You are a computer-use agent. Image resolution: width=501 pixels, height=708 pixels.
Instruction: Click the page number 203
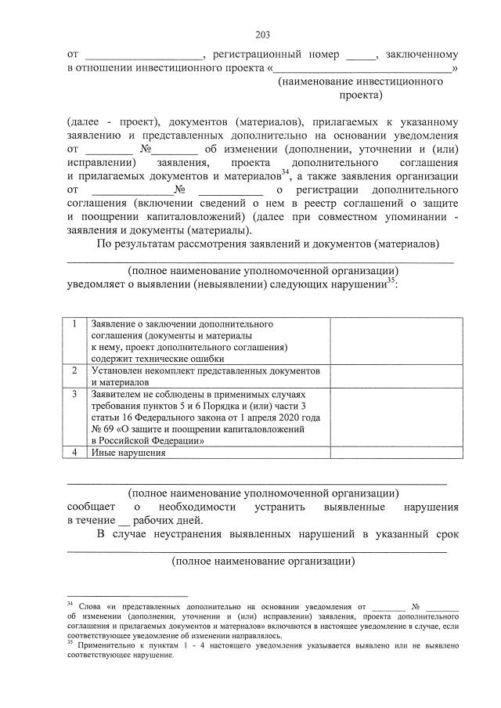coord(261,35)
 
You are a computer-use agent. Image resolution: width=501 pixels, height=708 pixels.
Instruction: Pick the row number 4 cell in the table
coord(74,453)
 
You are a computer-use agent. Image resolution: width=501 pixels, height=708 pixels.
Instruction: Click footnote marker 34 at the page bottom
coord(70,604)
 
